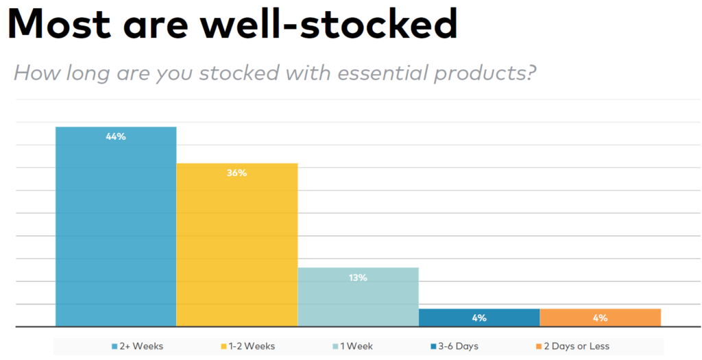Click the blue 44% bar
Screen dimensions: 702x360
pyautogui.click(x=116, y=226)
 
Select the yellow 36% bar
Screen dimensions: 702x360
pyautogui.click(x=237, y=245)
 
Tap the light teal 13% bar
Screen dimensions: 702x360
pyautogui.click(x=358, y=297)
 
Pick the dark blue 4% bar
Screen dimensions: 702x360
pyautogui.click(x=479, y=318)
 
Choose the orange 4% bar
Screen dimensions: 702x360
pyautogui.click(x=601, y=318)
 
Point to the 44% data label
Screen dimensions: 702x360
pyautogui.click(x=116, y=137)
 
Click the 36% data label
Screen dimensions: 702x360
pyautogui.click(x=237, y=173)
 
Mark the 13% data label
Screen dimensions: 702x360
pyautogui.click(x=358, y=278)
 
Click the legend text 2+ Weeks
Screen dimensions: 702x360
pyautogui.click(x=141, y=346)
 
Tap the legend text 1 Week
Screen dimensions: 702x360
pyautogui.click(x=356, y=346)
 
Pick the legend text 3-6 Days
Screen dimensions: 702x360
pyautogui.click(x=458, y=346)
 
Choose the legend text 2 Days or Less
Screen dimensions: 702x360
pyautogui.click(x=577, y=346)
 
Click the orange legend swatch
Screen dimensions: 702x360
pyautogui.click(x=539, y=346)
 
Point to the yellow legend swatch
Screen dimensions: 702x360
pyautogui.click(x=224, y=346)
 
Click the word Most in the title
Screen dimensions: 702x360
pyautogui.click(x=60, y=23)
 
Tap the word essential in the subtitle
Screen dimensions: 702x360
pyautogui.click(x=383, y=73)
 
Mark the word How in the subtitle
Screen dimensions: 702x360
pyautogui.click(x=37, y=73)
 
